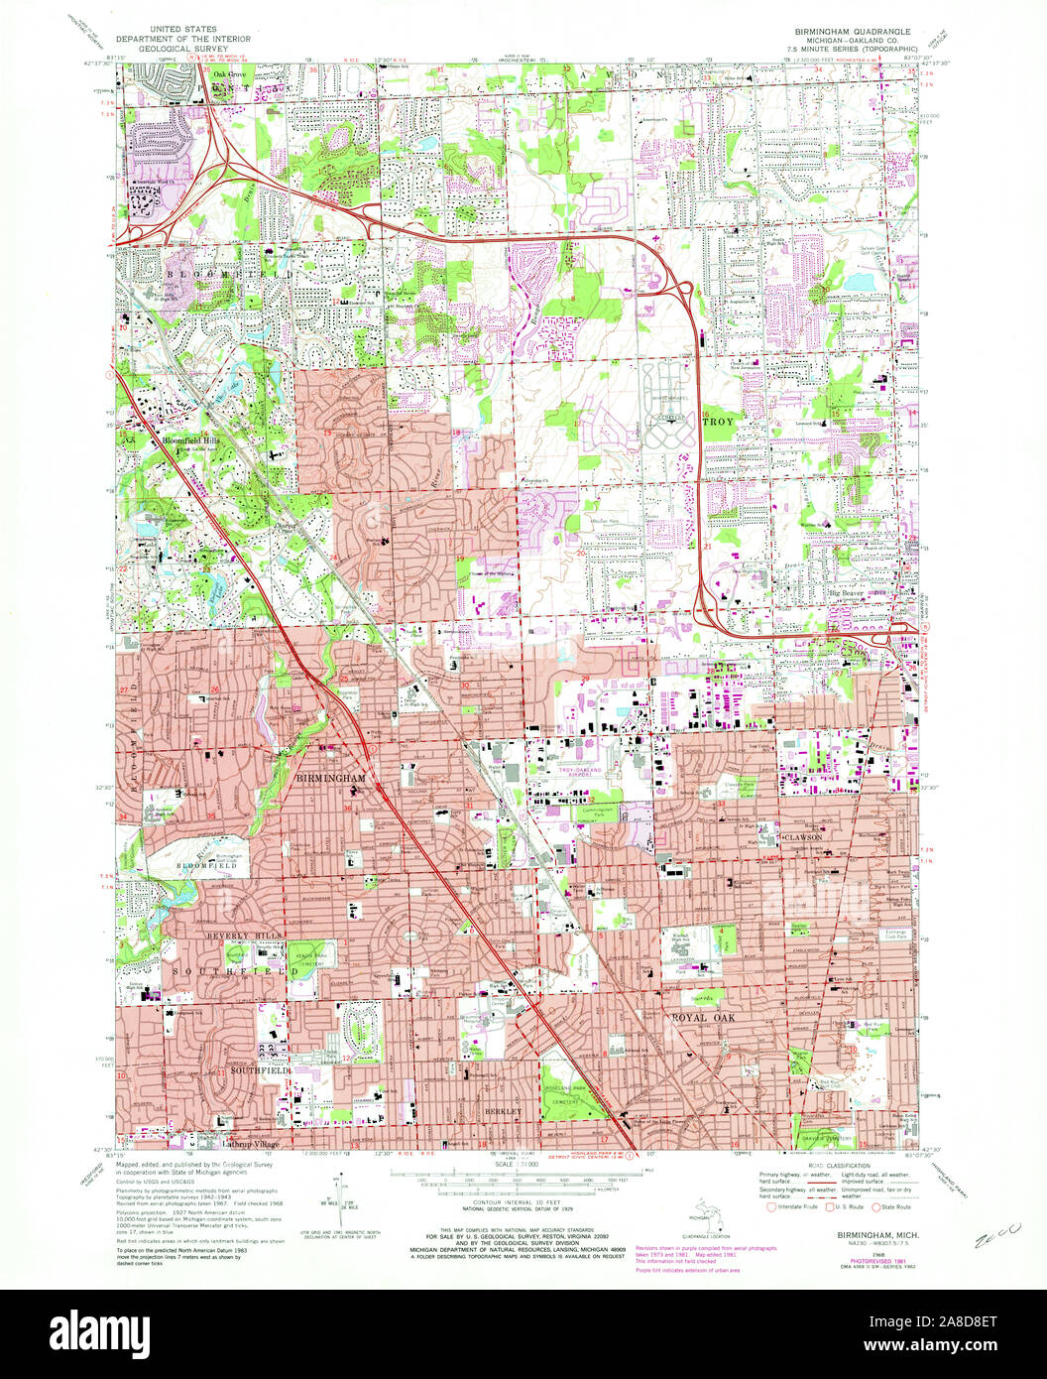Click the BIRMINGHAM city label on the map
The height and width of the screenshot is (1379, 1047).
331,779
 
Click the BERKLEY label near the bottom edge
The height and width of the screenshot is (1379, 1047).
502,1110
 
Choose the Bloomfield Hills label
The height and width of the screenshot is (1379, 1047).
195,439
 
